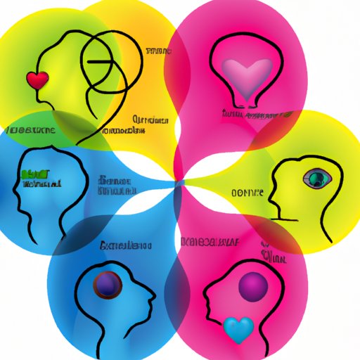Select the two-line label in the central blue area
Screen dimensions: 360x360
(115, 184)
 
